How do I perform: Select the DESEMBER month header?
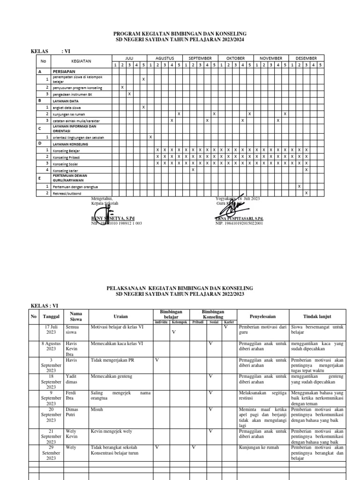[x=306, y=58]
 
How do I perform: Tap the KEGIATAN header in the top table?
[x=81, y=61]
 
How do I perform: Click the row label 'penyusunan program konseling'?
[x=77, y=88]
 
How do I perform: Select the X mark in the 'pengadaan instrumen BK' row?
[x=129, y=94]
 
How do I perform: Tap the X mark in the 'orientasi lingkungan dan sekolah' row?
[x=150, y=137]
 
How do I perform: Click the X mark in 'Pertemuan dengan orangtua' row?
[x=299, y=186]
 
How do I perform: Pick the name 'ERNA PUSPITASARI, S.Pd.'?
[x=239, y=219]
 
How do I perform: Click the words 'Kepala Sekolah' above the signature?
[x=105, y=203]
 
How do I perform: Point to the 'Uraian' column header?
[x=120, y=316]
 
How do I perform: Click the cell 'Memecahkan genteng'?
[x=112, y=376]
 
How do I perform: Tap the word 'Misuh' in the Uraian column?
[x=97, y=409]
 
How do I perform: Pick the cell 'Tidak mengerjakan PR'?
[x=113, y=360]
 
